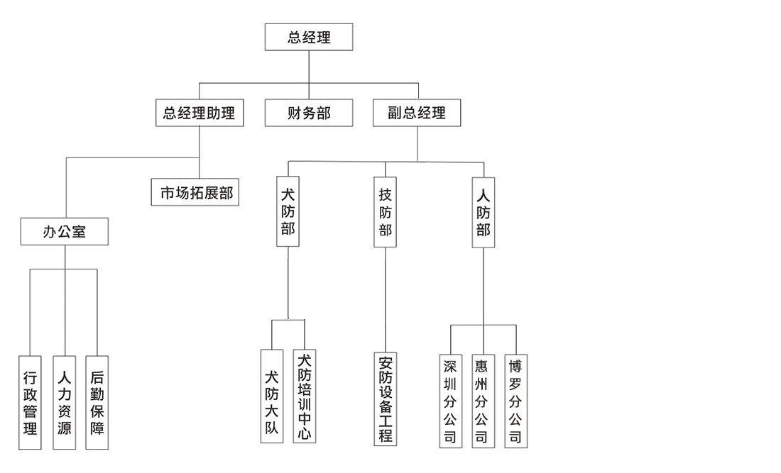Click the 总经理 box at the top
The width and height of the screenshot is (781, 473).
click(309, 38)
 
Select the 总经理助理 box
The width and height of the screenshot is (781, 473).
click(200, 113)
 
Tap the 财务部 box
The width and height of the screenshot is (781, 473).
click(309, 113)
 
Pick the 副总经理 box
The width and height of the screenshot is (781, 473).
click(417, 113)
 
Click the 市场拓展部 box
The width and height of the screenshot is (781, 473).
click(195, 191)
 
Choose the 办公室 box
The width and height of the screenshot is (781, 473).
click(65, 231)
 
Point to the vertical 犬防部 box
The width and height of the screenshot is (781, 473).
click(288, 211)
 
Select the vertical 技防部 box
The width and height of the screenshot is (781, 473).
click(385, 211)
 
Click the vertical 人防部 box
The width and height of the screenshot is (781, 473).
click(484, 211)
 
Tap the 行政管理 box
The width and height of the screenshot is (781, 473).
click(30, 402)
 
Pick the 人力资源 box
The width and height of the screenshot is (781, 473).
click(64, 402)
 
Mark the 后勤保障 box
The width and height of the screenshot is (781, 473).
click(97, 402)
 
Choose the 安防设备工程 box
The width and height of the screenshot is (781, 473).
click(385, 399)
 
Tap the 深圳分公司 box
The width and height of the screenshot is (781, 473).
click(450, 400)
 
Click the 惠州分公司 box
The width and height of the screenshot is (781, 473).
click(483, 400)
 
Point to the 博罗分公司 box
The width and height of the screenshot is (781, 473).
click(516, 400)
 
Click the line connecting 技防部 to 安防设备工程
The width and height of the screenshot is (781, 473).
click(386, 298)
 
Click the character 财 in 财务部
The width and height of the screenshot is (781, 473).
click(295, 113)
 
